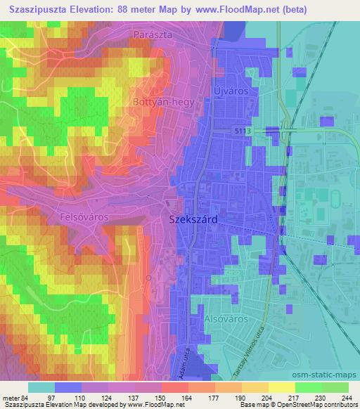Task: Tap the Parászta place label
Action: coord(153,34)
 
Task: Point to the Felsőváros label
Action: coord(85,217)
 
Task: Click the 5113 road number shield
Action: coord(242,131)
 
